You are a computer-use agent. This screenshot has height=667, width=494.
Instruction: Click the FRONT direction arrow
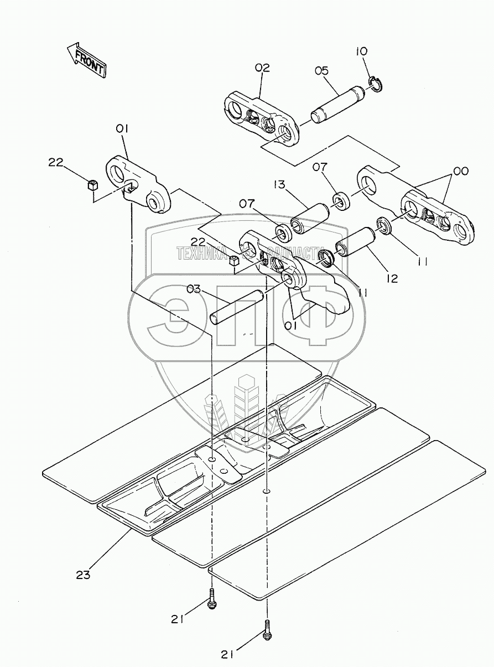(86, 59)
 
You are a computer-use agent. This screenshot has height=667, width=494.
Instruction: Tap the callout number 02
(262, 68)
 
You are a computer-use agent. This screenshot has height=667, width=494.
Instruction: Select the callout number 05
(321, 70)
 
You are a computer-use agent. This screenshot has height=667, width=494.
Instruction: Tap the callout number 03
(194, 288)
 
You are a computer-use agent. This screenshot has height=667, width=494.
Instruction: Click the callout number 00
(460, 172)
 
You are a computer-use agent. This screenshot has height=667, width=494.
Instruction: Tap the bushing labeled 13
(310, 217)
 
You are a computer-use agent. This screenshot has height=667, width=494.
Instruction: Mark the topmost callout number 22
(55, 162)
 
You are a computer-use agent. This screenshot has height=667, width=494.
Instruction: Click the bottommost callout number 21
(228, 654)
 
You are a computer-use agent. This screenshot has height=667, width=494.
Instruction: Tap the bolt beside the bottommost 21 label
(267, 630)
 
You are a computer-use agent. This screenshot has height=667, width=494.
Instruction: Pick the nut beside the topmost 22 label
(93, 184)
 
